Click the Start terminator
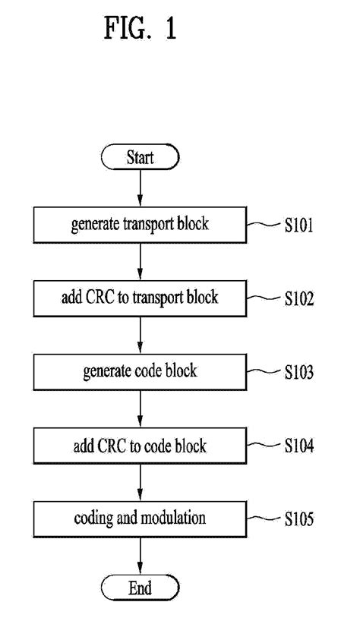point(140,158)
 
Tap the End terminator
point(140,588)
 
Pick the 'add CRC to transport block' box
point(140,298)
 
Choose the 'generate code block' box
point(140,371)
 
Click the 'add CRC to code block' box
point(140,445)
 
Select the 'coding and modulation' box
point(140,518)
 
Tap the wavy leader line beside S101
point(263,225)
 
